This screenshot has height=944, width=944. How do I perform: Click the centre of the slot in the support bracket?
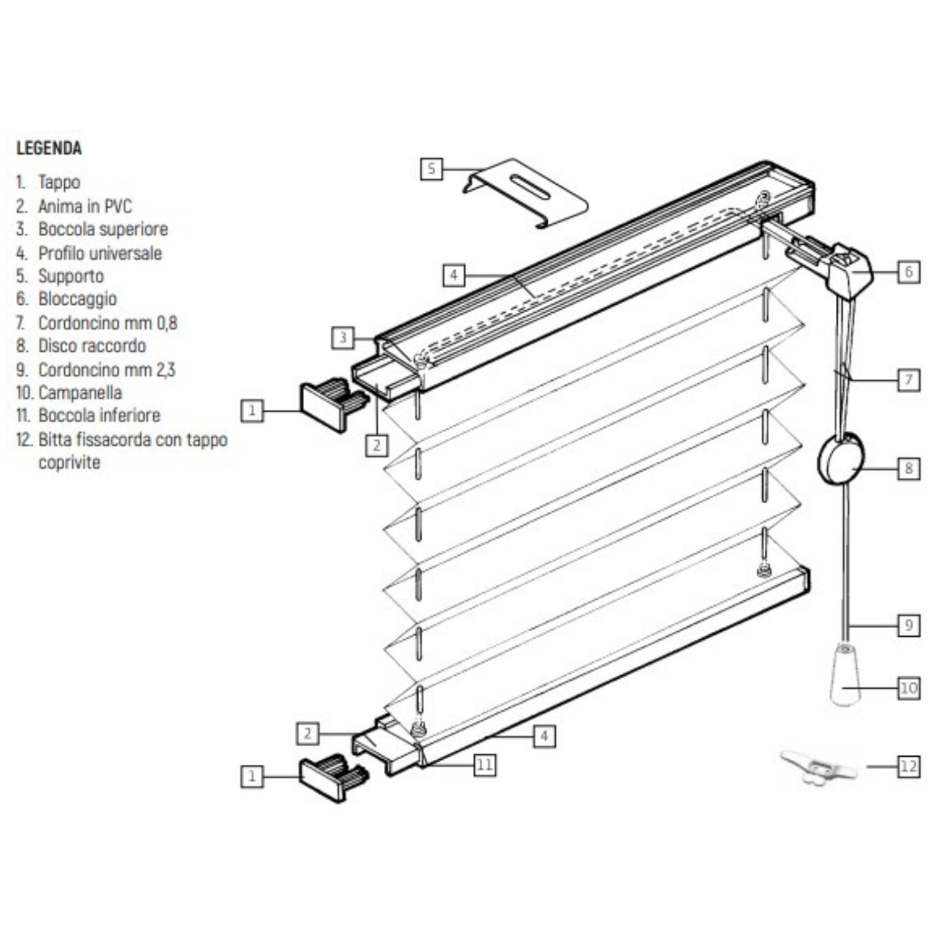coord(529,186)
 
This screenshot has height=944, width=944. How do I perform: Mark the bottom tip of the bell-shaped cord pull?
coord(844,704)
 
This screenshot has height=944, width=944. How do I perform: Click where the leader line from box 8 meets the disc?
coord(863,468)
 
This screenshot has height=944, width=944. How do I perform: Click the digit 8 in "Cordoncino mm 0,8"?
coord(172,323)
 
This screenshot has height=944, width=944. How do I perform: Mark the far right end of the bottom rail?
coord(809,579)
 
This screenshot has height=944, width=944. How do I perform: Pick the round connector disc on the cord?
coord(841,459)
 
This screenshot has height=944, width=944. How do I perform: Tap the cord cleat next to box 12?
coord(818,767)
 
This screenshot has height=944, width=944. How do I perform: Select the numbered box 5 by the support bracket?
coord(431,169)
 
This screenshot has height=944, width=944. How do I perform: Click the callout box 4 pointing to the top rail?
coord(454,275)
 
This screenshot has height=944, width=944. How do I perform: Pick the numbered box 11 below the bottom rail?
coord(485,765)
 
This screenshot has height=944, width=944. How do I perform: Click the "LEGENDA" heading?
coord(49,148)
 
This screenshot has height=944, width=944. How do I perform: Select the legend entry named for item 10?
coord(69,393)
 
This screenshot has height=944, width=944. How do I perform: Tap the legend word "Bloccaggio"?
coord(78,299)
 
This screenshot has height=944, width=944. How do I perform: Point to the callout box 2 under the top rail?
coord(376,445)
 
